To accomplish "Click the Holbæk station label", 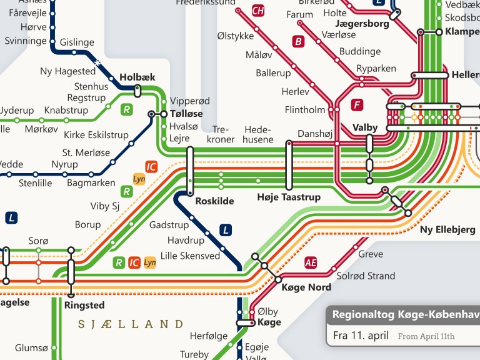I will click(137, 77).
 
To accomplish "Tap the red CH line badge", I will click(258, 11).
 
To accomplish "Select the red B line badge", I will click(299, 41).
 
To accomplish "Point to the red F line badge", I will click(357, 104).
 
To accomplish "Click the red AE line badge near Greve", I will click(311, 262).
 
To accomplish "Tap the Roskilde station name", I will click(214, 201).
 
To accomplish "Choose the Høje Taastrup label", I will click(289, 197).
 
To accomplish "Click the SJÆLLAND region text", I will click(131, 324).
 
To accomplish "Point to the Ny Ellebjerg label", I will click(447, 230).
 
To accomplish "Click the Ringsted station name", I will click(84, 306).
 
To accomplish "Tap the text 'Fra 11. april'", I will click(361, 335).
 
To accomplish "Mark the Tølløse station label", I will click(186, 114).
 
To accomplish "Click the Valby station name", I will click(365, 127).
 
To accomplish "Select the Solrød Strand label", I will click(366, 276).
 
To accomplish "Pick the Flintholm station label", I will click(305, 110).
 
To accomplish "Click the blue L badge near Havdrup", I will click(226, 230).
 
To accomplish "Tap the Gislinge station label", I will click(77, 42).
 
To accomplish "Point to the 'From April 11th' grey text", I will click(426, 336).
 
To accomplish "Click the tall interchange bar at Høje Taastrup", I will click(289, 165).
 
